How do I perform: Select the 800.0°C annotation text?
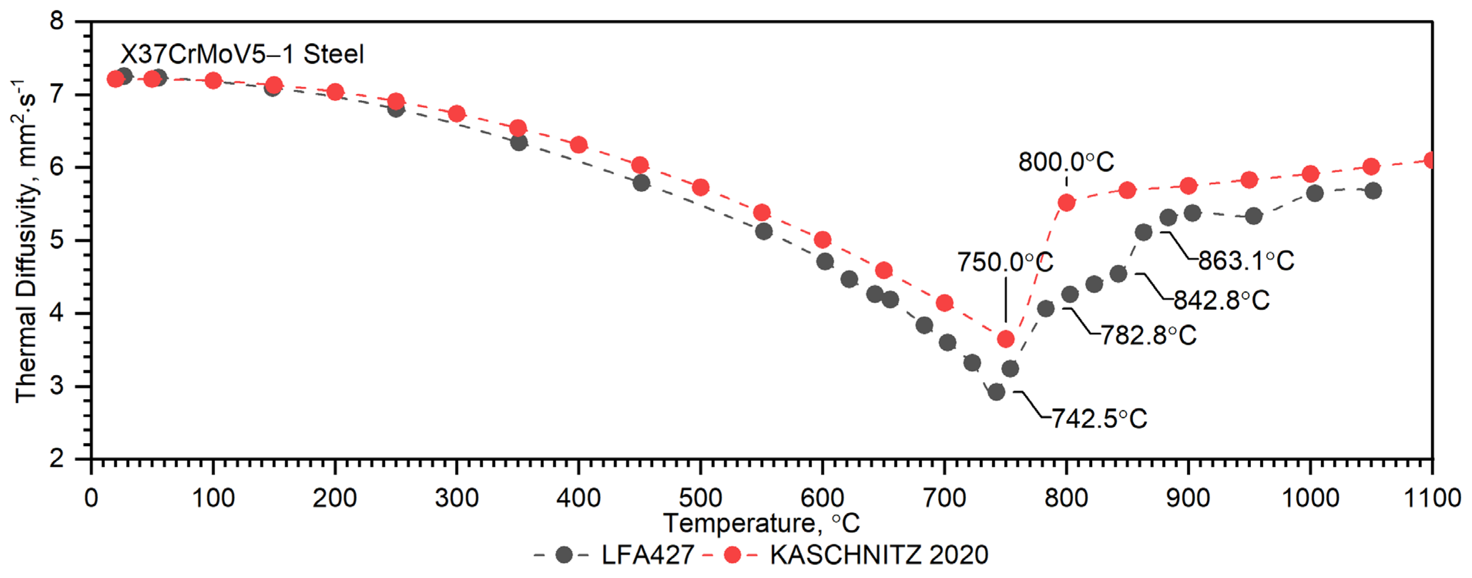(x=1066, y=162)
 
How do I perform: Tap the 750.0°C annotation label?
(x=1005, y=263)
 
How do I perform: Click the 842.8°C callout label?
(x=1221, y=300)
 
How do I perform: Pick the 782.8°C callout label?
(x=1148, y=335)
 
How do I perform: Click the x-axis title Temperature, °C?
(x=761, y=523)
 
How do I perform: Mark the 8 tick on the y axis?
(x=57, y=22)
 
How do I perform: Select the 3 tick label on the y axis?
(x=57, y=386)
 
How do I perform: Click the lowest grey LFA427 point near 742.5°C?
(x=996, y=392)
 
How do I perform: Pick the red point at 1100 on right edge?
(x=1431, y=160)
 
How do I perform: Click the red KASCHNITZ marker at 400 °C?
(x=579, y=144)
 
